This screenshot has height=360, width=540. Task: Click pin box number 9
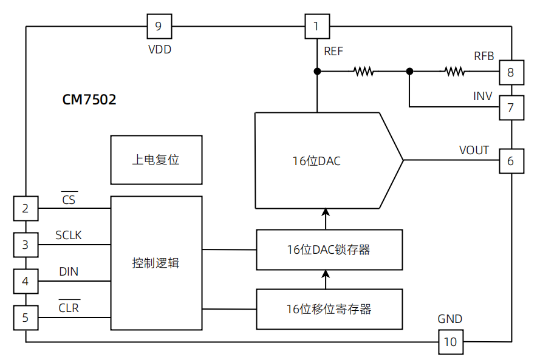159,26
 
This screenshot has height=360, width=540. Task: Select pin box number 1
316,26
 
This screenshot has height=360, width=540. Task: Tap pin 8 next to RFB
511,73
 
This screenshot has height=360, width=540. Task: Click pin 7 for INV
511,108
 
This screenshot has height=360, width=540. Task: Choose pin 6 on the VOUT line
511,161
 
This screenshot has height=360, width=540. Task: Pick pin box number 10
450,342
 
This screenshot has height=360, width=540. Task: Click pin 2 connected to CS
26,209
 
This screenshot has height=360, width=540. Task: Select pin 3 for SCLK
26,245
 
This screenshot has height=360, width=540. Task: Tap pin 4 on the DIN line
26,281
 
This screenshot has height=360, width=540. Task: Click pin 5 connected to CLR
26,317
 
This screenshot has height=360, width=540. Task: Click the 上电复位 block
156,160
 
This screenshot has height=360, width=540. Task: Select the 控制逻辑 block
156,263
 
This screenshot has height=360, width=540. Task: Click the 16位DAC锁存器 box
329,250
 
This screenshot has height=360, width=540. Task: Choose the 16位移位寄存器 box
329,309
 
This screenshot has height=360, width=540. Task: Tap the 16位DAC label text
316,161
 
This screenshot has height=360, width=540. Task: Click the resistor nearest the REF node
363,72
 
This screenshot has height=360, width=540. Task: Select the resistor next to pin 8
454,72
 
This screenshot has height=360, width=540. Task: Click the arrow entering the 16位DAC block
326,214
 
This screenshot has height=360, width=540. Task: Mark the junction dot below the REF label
316,72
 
